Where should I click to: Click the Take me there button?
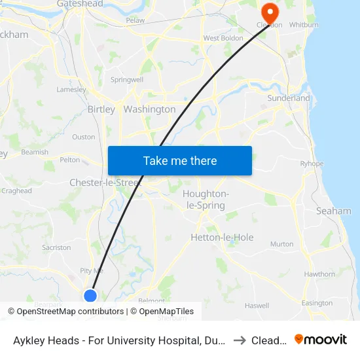[x=180, y=161]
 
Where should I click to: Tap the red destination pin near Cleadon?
[x=269, y=12]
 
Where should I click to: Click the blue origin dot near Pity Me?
[x=91, y=296]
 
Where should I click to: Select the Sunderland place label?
[x=289, y=98]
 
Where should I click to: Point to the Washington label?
[x=149, y=109]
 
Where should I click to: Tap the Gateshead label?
[x=80, y=4]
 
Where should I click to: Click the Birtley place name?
[x=101, y=109]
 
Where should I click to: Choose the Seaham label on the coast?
[x=333, y=211]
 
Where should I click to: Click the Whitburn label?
[x=303, y=25]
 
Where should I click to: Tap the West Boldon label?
[x=223, y=38]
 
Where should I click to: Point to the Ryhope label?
[x=312, y=164]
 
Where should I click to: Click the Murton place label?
[x=282, y=244]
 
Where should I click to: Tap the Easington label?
[x=317, y=303]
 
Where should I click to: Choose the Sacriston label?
[x=56, y=247]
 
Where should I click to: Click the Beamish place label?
[x=35, y=152]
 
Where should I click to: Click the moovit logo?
[x=321, y=340]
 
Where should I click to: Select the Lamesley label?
[x=71, y=90]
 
